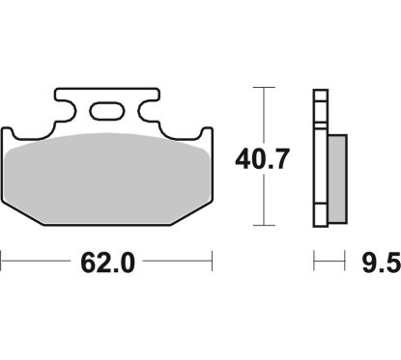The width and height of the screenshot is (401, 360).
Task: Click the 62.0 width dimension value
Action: coord(106,261)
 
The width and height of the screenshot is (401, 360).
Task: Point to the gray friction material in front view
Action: coord(106,174)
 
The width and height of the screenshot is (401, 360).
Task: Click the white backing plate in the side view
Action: coord(317,154)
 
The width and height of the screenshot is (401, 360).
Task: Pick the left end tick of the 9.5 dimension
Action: coord(313,260)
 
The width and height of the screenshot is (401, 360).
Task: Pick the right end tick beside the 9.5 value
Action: coord(345,260)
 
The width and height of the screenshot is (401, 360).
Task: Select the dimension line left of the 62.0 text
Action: coord(39,260)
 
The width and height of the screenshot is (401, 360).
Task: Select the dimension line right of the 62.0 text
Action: coord(174,260)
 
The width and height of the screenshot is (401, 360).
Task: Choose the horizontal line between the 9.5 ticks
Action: coord(329,260)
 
